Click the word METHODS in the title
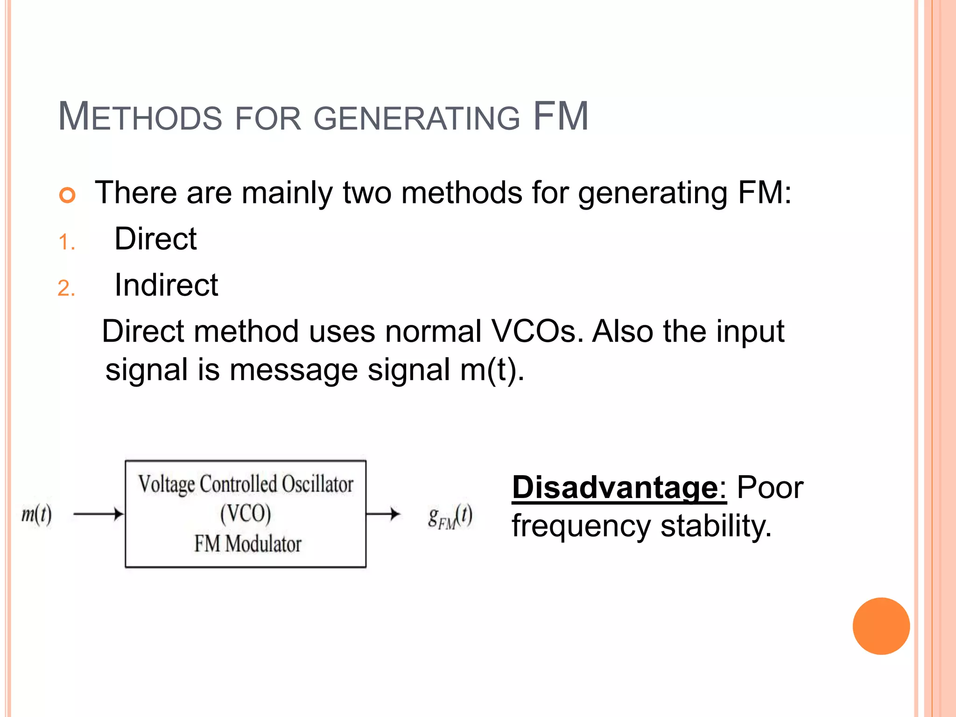pos(140,117)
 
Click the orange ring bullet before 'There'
pos(67,195)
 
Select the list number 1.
pos(66,242)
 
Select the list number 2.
pos(66,288)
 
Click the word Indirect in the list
pos(166,285)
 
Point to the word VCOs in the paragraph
pos(537,331)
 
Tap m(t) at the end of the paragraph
pos(491,370)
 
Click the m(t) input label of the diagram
pos(36,514)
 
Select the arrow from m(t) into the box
pos(98,514)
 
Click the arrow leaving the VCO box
pos(383,514)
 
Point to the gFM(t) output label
pos(450,516)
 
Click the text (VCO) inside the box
pos(246,513)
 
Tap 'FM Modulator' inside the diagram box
pos(247,544)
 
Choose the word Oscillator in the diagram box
pos(317,484)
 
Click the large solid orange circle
pos(881,626)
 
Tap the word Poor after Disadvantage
pos(770,488)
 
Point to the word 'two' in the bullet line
pos(367,193)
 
